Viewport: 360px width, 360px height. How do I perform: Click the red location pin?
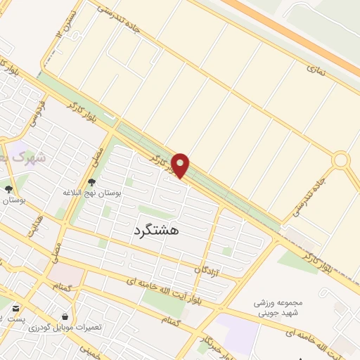(x=180, y=165)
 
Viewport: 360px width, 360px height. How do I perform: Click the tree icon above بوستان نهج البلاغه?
(x=91, y=183)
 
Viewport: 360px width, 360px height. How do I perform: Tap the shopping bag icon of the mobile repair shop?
(x=65, y=316)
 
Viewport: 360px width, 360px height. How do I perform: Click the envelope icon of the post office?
(x=16, y=307)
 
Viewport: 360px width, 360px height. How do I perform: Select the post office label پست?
(x=16, y=319)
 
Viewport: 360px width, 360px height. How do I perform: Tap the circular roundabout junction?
(x=341, y=160)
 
